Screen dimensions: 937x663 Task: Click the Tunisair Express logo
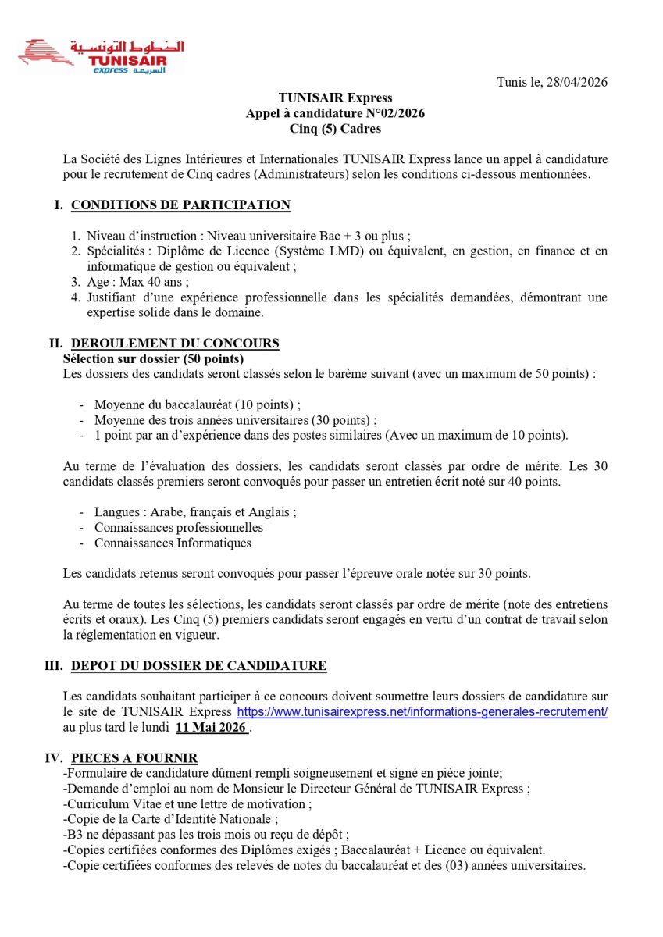102,56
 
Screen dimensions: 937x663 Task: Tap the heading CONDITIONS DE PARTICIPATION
180,205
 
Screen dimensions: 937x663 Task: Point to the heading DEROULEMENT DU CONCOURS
175,344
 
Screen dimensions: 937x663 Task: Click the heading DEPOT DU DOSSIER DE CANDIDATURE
198,666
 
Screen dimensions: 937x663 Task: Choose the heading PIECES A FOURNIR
134,758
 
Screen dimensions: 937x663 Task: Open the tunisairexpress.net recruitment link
422,712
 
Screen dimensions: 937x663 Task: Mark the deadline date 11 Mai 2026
211,728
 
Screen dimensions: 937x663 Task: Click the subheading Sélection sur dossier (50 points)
153,359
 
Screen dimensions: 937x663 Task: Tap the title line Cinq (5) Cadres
335,129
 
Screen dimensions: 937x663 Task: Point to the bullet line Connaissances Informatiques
173,543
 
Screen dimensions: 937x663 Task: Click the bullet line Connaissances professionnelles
179,527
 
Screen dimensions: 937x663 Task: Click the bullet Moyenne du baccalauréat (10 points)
197,404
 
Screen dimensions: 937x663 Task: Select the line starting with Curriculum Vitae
184,803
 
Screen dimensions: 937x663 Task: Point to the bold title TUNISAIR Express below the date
335,98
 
